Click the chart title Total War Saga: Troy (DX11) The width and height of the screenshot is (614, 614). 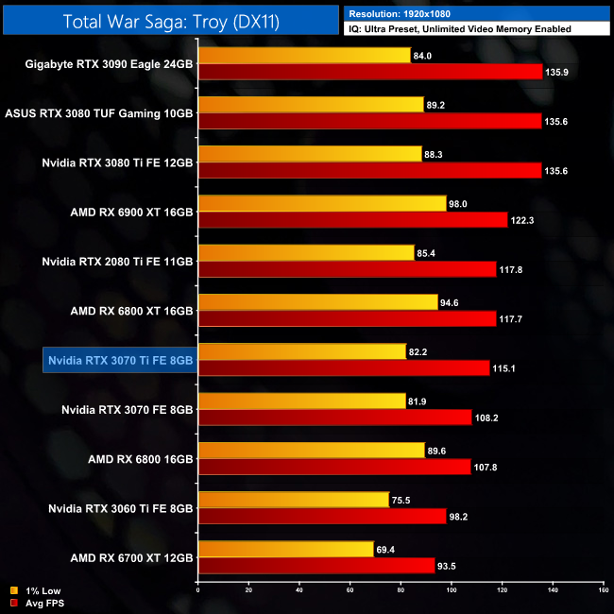(x=171, y=21)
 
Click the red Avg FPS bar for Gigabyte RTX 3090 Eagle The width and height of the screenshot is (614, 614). (x=369, y=71)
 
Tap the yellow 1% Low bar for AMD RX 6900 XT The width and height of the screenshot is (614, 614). (x=321, y=203)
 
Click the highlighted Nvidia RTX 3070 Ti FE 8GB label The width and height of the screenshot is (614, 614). (x=119, y=359)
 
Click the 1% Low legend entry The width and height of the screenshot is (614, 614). (x=37, y=591)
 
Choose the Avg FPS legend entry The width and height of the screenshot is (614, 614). (x=38, y=603)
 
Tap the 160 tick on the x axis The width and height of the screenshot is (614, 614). (x=603, y=590)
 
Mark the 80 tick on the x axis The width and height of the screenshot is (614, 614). (x=401, y=590)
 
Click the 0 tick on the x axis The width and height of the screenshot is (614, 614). (x=197, y=590)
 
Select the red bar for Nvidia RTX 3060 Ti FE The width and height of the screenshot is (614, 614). (x=321, y=517)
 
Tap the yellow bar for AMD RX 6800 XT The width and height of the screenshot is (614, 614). (x=317, y=303)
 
